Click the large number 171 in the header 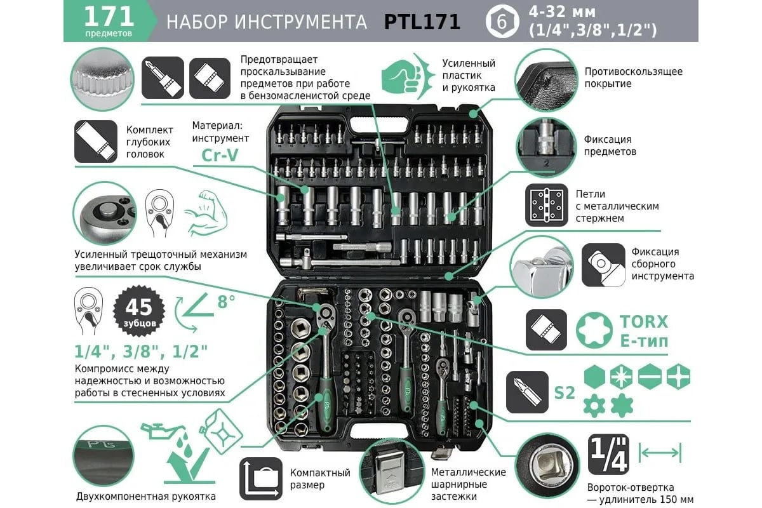tap(109, 17)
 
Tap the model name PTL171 tap(422, 22)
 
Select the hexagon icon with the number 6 tap(502, 22)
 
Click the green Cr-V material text tap(220, 155)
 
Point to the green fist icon tap(403, 77)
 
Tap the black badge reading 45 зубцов tap(139, 311)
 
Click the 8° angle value tap(226, 302)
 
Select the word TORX tap(644, 322)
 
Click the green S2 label tap(565, 393)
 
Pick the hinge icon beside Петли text tap(546, 205)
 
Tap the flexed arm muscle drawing tap(206, 213)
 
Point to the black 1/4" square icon tap(608, 454)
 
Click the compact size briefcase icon tap(261, 479)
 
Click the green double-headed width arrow tap(660, 453)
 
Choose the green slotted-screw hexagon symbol tap(650, 377)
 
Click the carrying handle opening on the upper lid tap(379, 124)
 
